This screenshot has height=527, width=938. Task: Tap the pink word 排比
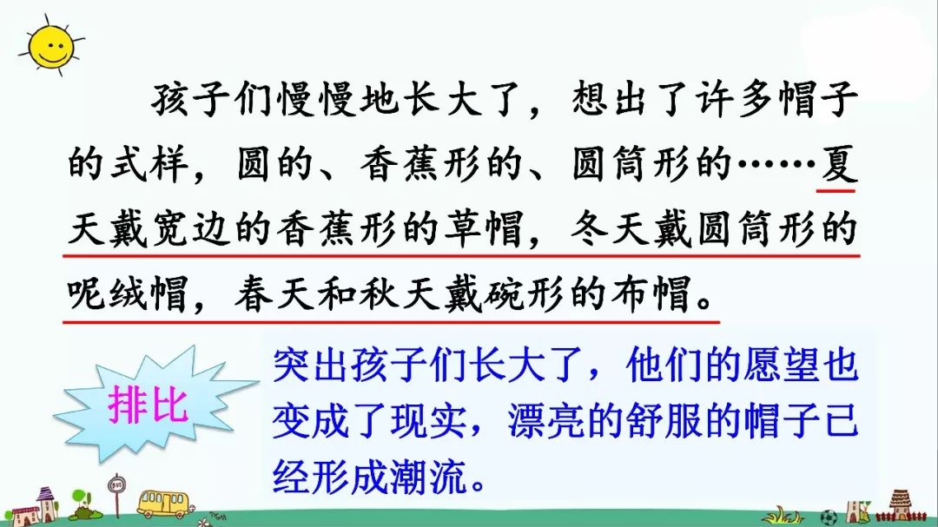click(x=149, y=405)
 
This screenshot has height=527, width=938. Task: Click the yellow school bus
click(x=162, y=503)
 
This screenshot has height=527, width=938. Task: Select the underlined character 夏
click(x=838, y=163)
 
